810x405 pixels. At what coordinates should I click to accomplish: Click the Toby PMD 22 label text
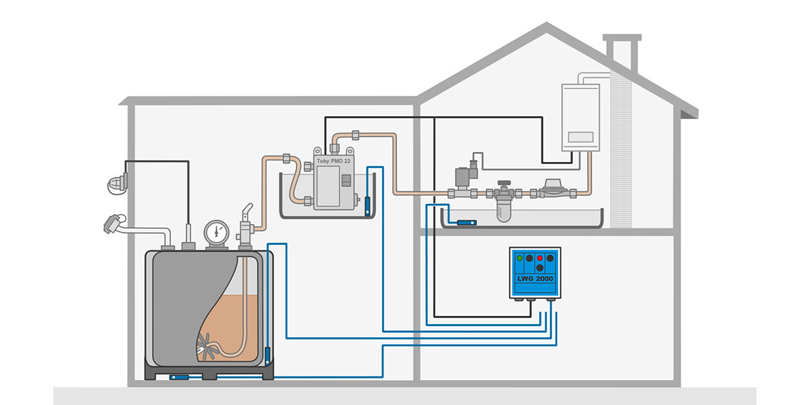click(334, 162)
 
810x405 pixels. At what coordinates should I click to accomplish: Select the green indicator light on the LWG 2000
click(519, 258)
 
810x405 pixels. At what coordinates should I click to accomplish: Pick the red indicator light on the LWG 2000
click(539, 258)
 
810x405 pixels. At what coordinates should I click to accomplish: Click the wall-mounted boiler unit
click(580, 117)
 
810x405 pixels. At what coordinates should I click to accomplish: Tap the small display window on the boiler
click(580, 137)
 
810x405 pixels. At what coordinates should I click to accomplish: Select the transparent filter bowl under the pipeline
click(503, 211)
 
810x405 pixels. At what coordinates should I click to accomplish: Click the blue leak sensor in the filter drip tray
click(466, 222)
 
